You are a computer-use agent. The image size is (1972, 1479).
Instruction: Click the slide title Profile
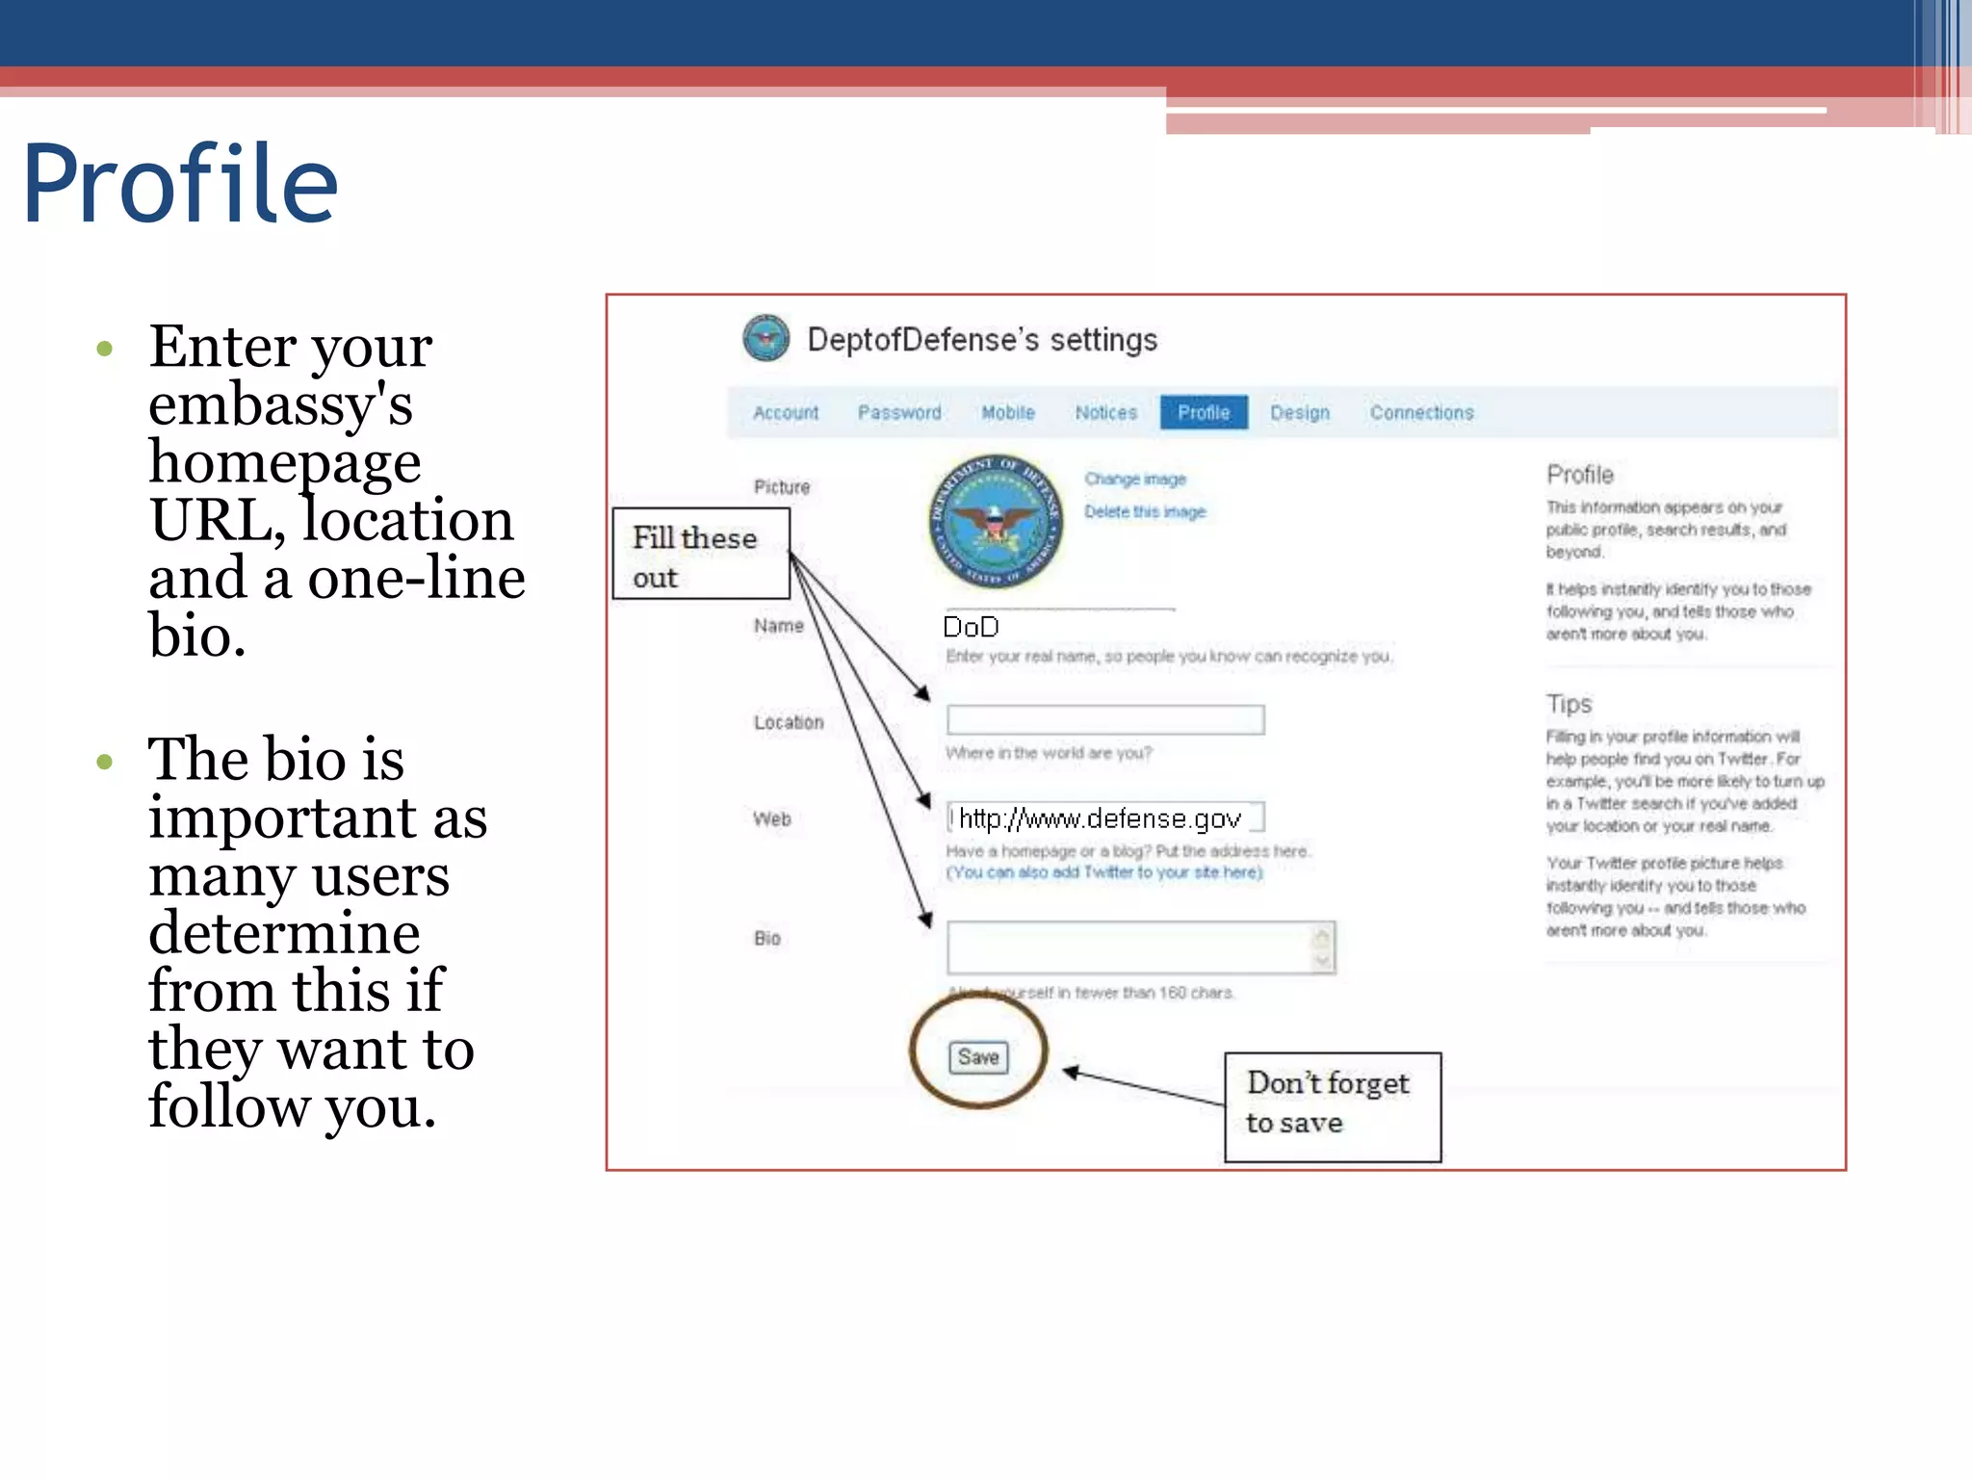point(180,183)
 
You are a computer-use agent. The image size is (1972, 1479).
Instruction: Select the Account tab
point(785,413)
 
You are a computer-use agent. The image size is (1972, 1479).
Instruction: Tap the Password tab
point(899,413)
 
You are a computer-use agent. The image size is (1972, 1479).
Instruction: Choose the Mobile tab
point(1007,413)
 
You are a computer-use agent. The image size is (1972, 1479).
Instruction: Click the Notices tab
point(1105,413)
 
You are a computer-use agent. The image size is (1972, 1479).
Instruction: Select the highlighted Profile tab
point(1204,412)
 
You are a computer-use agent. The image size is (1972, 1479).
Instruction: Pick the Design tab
point(1299,413)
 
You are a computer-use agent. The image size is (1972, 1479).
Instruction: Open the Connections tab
point(1421,413)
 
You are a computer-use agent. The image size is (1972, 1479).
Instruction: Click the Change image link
point(1134,479)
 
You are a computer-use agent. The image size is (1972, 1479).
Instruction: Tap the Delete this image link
point(1144,511)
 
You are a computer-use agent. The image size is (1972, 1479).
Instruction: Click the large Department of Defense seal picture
point(996,522)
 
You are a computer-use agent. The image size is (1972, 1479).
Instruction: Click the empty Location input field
point(1104,719)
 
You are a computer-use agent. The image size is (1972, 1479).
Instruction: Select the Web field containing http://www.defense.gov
point(1104,818)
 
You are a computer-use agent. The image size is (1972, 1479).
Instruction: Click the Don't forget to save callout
point(1332,1106)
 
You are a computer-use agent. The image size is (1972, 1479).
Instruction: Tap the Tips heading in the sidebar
point(1569,704)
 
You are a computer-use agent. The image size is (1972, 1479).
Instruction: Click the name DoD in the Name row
point(971,628)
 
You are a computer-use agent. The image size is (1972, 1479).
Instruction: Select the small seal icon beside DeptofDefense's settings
point(766,338)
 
